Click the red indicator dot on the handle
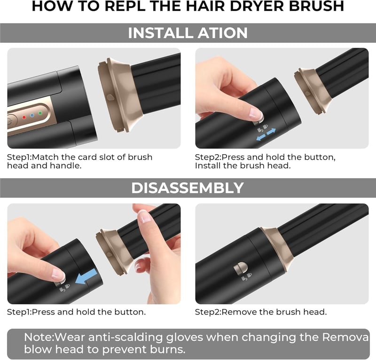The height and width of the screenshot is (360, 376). tap(24, 117)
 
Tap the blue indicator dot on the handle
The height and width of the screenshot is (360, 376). tap(32, 115)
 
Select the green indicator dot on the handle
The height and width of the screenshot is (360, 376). tap(40, 113)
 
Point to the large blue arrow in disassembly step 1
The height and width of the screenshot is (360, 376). tap(86, 276)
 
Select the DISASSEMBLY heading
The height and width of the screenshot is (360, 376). tap(188, 188)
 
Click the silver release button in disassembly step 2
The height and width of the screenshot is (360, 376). tap(241, 269)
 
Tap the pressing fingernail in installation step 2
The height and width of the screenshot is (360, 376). tap(255, 113)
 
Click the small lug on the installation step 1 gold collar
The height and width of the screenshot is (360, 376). tap(110, 97)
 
